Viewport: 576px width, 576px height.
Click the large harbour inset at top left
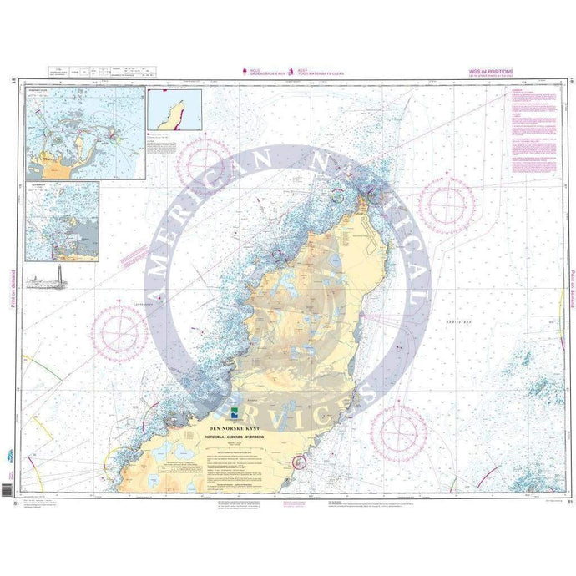(85, 132)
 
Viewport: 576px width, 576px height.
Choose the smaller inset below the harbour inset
(63, 221)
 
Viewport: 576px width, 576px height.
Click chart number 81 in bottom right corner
(568, 502)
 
